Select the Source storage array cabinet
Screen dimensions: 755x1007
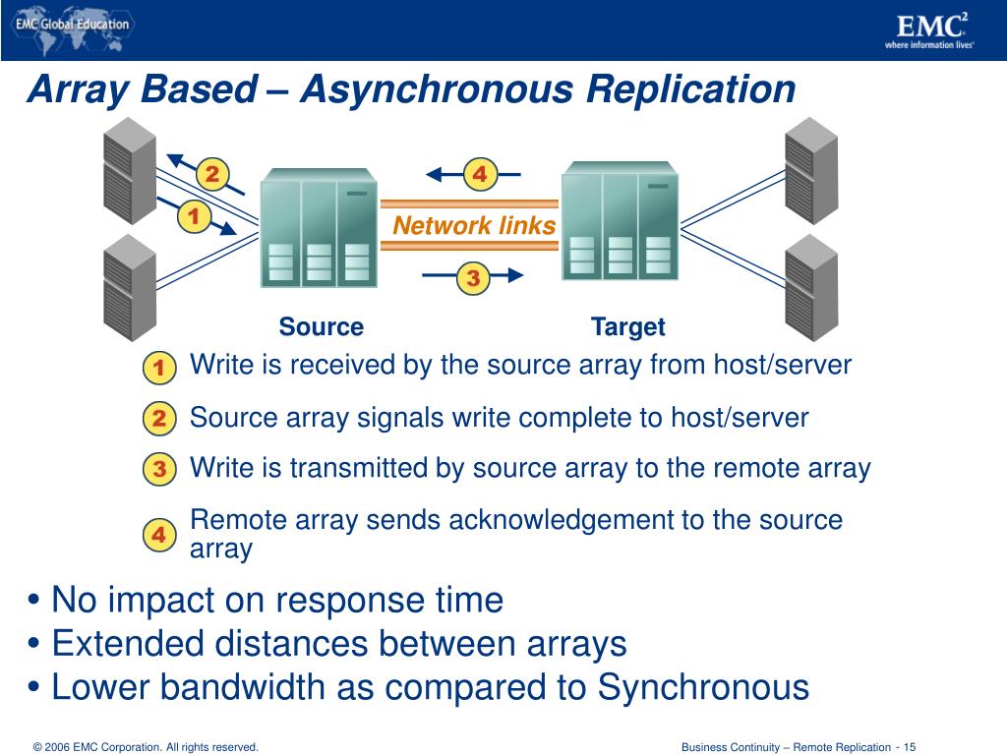(319, 228)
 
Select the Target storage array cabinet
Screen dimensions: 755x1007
(620, 221)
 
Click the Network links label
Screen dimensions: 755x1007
(474, 226)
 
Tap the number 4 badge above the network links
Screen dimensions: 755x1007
(479, 175)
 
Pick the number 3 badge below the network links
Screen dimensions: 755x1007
(473, 278)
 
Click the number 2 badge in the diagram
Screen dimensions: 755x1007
(210, 175)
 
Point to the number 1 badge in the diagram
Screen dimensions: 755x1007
(193, 216)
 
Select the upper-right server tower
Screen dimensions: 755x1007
(811, 169)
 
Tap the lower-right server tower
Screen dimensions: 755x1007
(811, 286)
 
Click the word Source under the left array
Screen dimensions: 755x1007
(321, 327)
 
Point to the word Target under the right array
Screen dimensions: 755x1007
(627, 327)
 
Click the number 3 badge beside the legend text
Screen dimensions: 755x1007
(158, 470)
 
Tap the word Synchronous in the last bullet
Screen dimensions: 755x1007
(703, 687)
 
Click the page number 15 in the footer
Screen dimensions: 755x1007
(910, 747)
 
